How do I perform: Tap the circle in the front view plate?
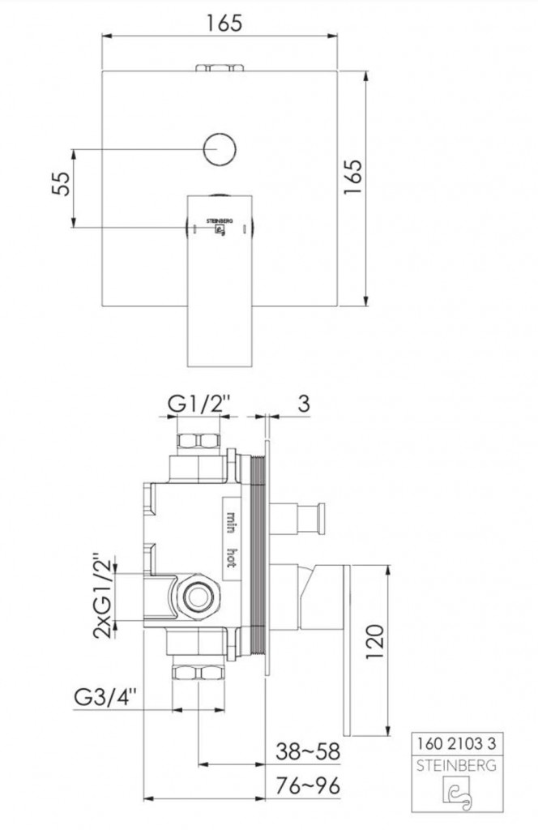click(x=220, y=150)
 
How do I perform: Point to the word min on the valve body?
click(x=231, y=519)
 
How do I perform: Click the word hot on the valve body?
click(x=231, y=558)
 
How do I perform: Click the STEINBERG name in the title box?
click(x=455, y=764)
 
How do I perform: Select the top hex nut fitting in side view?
click(x=199, y=442)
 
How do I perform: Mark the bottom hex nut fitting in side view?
click(x=199, y=672)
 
